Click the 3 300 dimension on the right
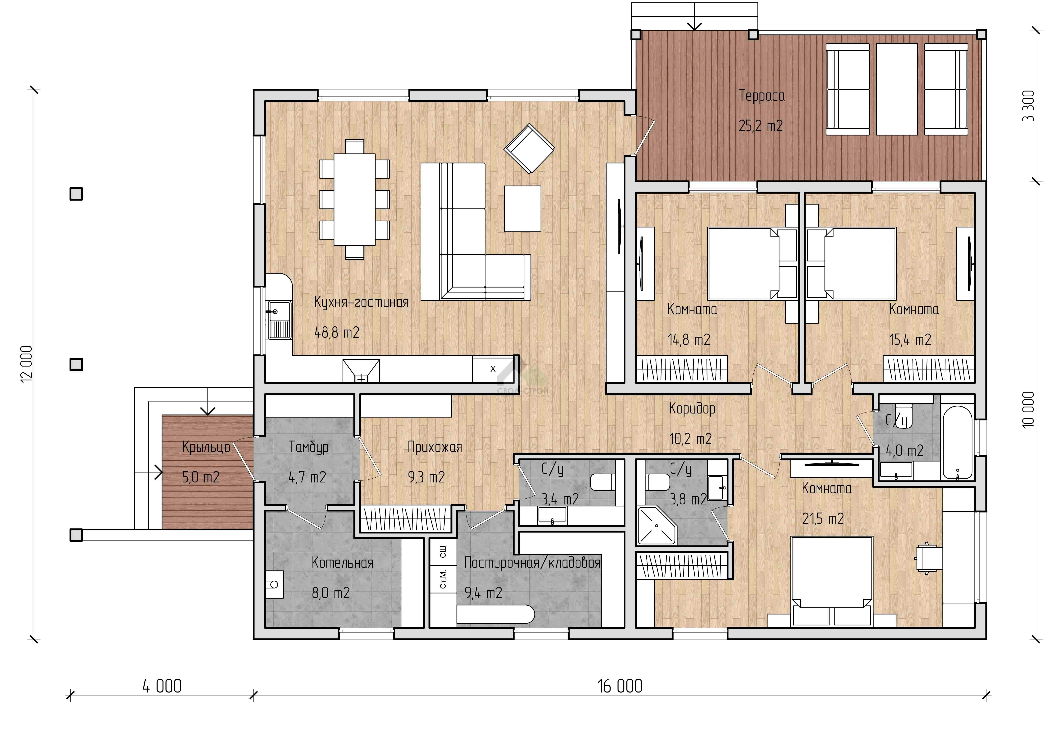tap(1028, 105)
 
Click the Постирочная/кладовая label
tap(532, 563)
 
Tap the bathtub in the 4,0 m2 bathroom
tap(957, 442)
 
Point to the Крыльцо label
tap(206, 447)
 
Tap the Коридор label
tap(692, 408)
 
